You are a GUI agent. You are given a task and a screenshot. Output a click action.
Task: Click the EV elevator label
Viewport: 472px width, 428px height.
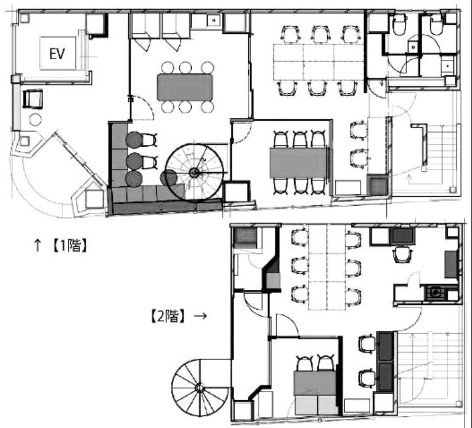[57, 54]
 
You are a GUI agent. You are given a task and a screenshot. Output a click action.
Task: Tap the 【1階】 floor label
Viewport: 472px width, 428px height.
[70, 245]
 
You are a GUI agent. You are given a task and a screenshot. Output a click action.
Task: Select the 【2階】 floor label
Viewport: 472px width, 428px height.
[168, 316]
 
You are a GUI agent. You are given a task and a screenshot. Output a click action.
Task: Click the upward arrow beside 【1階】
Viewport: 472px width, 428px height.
[38, 245]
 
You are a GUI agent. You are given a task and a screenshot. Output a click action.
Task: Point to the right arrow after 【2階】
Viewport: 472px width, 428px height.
[200, 316]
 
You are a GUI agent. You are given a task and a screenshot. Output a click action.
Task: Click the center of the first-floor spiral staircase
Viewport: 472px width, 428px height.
[194, 173]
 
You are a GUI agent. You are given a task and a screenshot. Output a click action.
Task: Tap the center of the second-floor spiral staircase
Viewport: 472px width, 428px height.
[200, 388]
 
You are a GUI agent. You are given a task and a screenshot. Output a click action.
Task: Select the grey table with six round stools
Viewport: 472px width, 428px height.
[185, 87]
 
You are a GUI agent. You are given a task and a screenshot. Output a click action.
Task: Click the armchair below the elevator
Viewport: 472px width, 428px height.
[33, 99]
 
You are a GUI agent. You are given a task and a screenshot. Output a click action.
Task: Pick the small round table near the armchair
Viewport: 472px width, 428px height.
[36, 120]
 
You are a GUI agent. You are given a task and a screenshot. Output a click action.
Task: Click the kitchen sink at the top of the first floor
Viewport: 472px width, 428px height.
[214, 20]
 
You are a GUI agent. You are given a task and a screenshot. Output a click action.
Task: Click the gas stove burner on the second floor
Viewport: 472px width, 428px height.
[435, 292]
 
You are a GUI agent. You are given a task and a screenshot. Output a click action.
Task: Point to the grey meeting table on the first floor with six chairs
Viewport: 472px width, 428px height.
[298, 162]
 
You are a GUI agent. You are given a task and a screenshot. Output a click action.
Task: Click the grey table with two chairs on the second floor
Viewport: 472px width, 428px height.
[315, 383]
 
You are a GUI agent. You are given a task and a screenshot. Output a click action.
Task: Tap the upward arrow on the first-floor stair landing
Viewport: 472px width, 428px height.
[409, 179]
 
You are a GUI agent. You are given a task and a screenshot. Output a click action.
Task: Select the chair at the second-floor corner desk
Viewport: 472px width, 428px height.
[402, 254]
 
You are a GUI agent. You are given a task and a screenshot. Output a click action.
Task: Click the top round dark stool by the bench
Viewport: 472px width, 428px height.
[134, 140]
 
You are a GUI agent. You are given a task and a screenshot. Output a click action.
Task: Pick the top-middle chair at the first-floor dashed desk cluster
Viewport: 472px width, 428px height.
[321, 33]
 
